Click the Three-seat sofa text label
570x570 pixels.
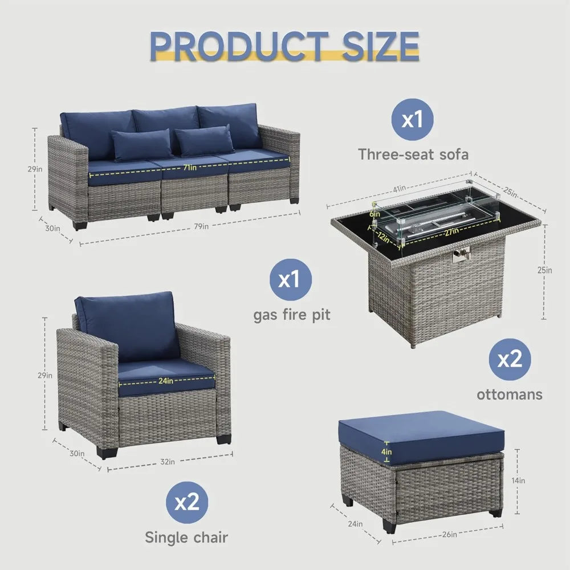pos(413,154)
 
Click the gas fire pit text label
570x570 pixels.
pos(291,315)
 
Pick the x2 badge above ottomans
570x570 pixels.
pos(510,360)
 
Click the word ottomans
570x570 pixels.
pos(510,394)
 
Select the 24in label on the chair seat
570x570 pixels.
pos(166,381)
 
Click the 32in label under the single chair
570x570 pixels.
pos(167,462)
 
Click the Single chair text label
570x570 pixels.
pos(186,536)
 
